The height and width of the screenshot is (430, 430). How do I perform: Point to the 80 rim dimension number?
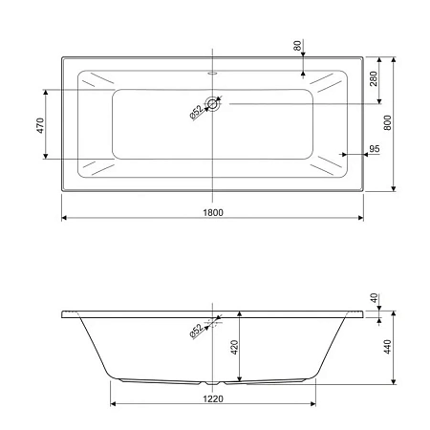(297, 46)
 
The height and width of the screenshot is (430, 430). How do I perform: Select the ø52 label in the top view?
(195, 112)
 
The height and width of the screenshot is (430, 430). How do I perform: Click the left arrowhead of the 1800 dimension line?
(65, 220)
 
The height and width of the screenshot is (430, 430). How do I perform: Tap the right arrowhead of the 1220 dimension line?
(312, 405)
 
